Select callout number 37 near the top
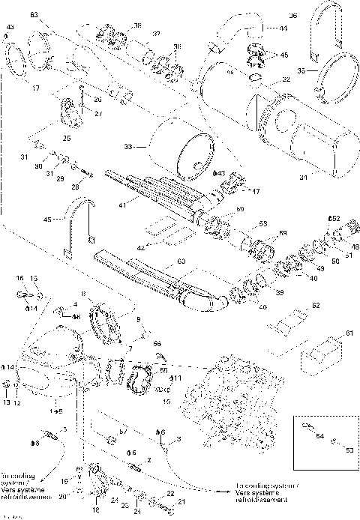tap(157, 34)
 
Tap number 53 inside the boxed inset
tap(348, 451)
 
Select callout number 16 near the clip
tap(20, 278)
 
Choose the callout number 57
tap(123, 434)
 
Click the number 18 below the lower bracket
tap(95, 510)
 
